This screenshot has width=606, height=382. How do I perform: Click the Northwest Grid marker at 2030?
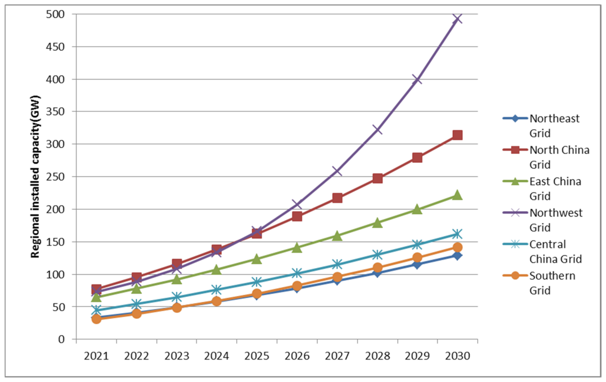pos(457,18)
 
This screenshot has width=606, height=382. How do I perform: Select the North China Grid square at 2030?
pos(457,135)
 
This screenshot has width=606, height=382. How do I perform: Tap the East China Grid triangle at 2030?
pos(457,195)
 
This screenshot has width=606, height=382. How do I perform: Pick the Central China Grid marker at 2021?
pos(96,310)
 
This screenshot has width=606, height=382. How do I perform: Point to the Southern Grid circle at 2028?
pos(377,268)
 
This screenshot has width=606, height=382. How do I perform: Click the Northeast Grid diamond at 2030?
pos(457,255)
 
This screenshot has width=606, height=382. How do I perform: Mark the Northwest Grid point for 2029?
pos(417,79)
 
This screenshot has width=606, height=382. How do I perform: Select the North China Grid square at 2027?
pos(337,198)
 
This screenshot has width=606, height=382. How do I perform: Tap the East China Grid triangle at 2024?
pos(217,270)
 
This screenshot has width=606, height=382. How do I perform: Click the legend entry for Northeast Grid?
pos(554,126)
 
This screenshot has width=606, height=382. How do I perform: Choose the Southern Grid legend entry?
pos(552,283)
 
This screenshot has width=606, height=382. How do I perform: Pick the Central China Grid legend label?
pos(555,251)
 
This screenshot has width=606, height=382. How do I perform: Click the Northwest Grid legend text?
pos(555,220)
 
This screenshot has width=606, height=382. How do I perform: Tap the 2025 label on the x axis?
pos(257,356)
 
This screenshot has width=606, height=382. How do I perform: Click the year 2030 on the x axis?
pos(457,356)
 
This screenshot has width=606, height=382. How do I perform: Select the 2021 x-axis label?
pos(96,356)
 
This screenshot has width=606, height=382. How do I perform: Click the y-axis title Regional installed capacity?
pos(36,176)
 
